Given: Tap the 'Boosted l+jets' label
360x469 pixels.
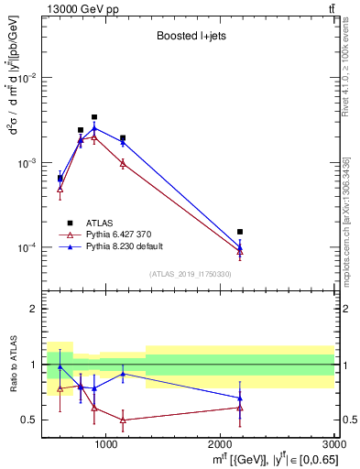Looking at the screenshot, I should (x=190, y=38).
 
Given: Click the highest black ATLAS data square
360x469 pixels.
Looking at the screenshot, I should (x=94, y=117).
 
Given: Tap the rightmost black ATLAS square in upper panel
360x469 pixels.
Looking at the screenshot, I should (x=240, y=232).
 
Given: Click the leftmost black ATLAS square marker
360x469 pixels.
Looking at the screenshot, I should (x=60, y=179).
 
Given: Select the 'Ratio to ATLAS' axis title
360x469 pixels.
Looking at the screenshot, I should (x=13, y=364).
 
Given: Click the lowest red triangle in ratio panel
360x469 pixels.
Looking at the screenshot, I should (x=123, y=420).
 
